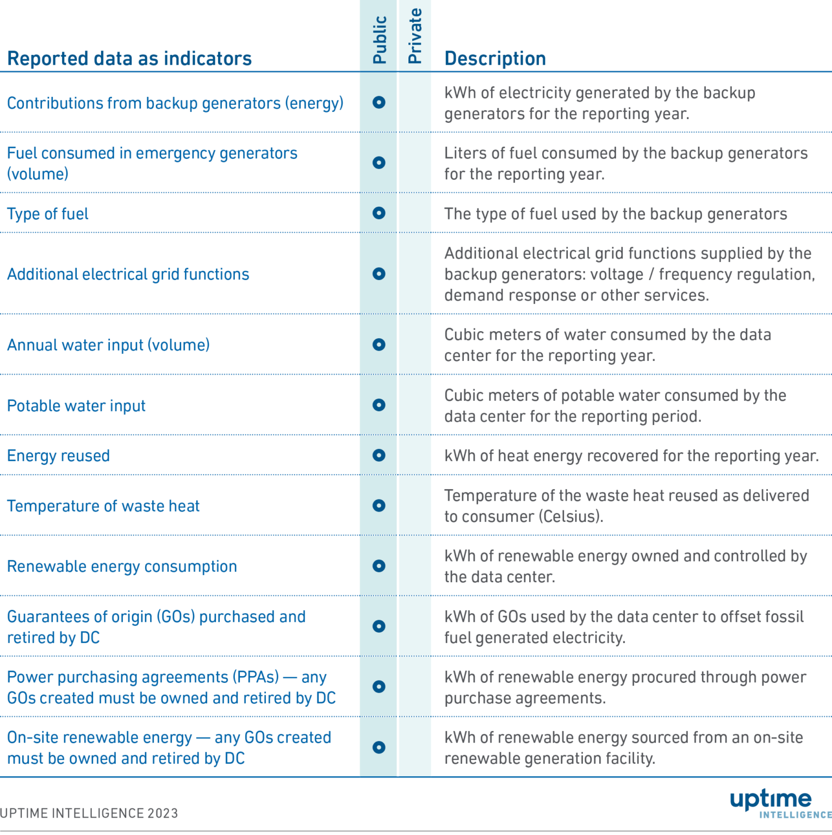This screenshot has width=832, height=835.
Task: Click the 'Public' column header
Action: [x=380, y=40]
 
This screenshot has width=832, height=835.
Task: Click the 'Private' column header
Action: [x=414, y=36]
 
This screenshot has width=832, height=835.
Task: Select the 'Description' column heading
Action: [x=495, y=58]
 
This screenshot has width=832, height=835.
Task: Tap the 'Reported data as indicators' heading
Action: [x=129, y=58]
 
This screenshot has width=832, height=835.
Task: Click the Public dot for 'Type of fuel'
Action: [x=379, y=213]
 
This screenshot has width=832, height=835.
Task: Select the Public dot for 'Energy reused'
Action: [x=379, y=456]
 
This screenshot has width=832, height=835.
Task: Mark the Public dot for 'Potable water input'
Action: [x=379, y=405]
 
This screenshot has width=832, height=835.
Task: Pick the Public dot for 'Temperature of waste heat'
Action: [x=379, y=506]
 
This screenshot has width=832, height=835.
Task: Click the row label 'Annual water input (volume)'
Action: [x=108, y=345]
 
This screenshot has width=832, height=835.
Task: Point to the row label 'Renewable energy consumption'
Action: [x=122, y=566]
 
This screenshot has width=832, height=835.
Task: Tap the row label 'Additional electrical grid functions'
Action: [x=128, y=275]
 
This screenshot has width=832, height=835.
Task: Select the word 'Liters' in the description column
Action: [x=465, y=153]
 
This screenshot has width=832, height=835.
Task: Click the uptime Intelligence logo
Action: [x=778, y=803]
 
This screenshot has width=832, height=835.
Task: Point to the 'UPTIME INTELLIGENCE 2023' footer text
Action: [x=89, y=813]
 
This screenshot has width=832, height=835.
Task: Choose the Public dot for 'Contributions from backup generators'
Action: [x=379, y=102]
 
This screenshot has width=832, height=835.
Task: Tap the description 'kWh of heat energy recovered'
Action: [x=631, y=456]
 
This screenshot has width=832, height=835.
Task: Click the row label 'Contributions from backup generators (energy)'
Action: [x=175, y=103]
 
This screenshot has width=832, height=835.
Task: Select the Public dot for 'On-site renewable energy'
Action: [x=379, y=747]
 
